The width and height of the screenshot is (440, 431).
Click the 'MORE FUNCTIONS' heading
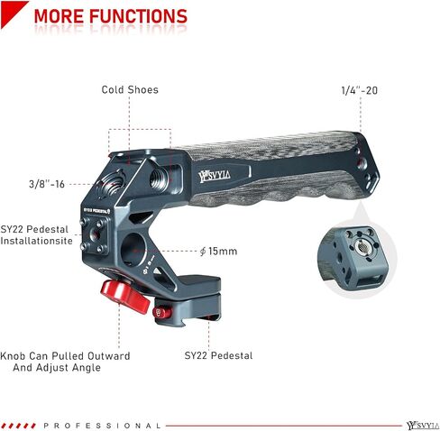tap(111, 16)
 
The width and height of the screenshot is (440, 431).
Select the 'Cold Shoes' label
tap(130, 89)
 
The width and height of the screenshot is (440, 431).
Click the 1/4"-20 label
tap(360, 90)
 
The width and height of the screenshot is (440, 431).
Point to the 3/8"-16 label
tap(47, 184)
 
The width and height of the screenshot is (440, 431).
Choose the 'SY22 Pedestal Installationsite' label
tap(36, 235)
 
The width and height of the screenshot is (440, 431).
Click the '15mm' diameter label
tap(218, 251)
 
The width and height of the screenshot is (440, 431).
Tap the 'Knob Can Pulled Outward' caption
tap(65, 356)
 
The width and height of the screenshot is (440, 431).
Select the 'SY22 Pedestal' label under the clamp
tap(218, 355)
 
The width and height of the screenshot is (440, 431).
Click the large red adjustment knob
tap(124, 296)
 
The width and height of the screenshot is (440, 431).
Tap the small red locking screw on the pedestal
tap(161, 313)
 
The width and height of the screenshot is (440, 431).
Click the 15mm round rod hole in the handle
tap(133, 251)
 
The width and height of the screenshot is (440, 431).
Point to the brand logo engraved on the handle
tap(215, 176)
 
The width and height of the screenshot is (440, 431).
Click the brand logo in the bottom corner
tap(423, 426)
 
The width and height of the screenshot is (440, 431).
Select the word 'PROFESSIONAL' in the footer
tap(102, 426)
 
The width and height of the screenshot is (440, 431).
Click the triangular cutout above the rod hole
tap(141, 216)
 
